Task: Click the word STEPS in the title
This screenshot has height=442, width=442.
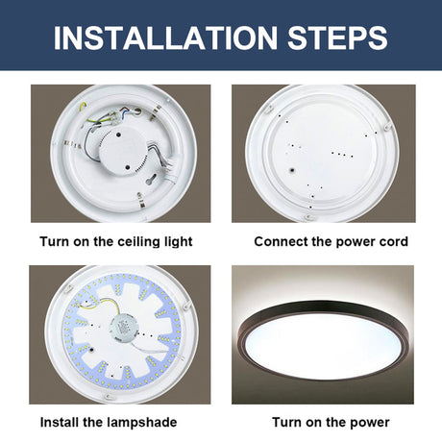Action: (x=337, y=37)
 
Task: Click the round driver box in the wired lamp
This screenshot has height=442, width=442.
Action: (x=122, y=150)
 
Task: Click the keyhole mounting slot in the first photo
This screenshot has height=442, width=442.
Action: (x=151, y=180)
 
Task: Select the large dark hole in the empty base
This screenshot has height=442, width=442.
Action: (x=292, y=171)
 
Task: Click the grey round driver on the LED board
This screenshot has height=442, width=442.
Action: (x=122, y=330)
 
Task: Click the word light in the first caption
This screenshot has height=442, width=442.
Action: (x=179, y=242)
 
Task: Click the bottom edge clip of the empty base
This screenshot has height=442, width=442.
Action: (x=309, y=218)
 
